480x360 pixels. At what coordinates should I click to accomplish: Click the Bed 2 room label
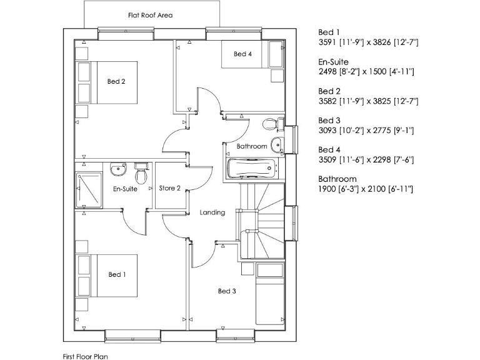[x=117, y=81]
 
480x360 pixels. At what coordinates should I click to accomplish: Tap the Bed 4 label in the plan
[x=243, y=54]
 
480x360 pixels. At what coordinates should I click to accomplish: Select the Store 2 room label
[x=169, y=188]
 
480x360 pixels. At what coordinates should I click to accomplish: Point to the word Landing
[x=212, y=212]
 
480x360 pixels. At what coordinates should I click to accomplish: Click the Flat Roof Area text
[x=150, y=15]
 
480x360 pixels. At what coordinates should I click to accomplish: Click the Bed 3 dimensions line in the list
[x=366, y=131]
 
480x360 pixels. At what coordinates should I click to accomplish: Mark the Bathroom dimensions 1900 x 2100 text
[x=366, y=189]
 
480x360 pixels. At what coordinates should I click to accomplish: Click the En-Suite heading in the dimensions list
[x=333, y=62]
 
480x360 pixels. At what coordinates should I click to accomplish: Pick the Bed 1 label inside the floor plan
[x=117, y=274]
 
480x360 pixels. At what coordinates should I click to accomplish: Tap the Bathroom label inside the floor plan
[x=252, y=146]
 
